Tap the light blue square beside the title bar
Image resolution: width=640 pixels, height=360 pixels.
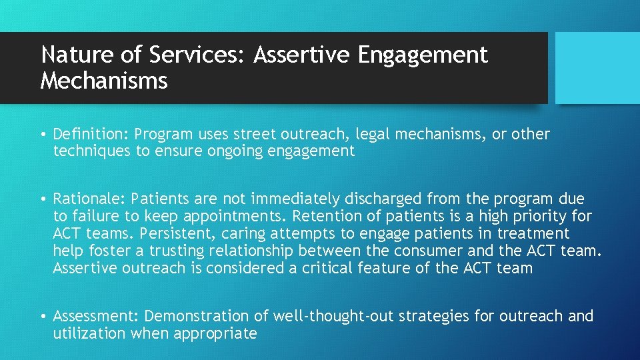[597, 68]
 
